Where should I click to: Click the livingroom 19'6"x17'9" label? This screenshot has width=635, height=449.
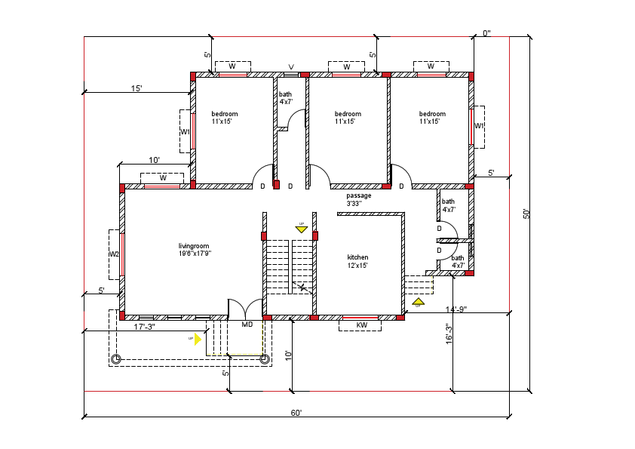(195, 250)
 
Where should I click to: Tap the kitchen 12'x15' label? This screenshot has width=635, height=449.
(357, 261)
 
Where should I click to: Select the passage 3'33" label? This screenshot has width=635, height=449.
(359, 199)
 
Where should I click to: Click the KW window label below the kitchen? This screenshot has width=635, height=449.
(361, 325)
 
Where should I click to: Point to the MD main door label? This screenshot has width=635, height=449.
(247, 325)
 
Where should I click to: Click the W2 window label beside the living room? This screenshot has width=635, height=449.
(114, 254)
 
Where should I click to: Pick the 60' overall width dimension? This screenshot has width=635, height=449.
(296, 413)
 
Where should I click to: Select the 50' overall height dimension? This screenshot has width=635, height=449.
(526, 214)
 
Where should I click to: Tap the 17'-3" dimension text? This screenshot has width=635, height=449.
(144, 326)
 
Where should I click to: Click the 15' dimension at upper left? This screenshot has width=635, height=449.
(137, 88)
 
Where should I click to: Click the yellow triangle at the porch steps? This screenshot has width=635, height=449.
(198, 339)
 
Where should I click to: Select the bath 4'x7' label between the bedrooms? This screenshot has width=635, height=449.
(286, 98)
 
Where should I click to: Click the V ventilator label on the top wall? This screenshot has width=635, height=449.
(291, 66)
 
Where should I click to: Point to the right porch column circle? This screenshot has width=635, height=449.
(265, 359)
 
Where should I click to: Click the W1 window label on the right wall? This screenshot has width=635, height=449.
(479, 127)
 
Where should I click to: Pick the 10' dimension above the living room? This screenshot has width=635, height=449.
(154, 160)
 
